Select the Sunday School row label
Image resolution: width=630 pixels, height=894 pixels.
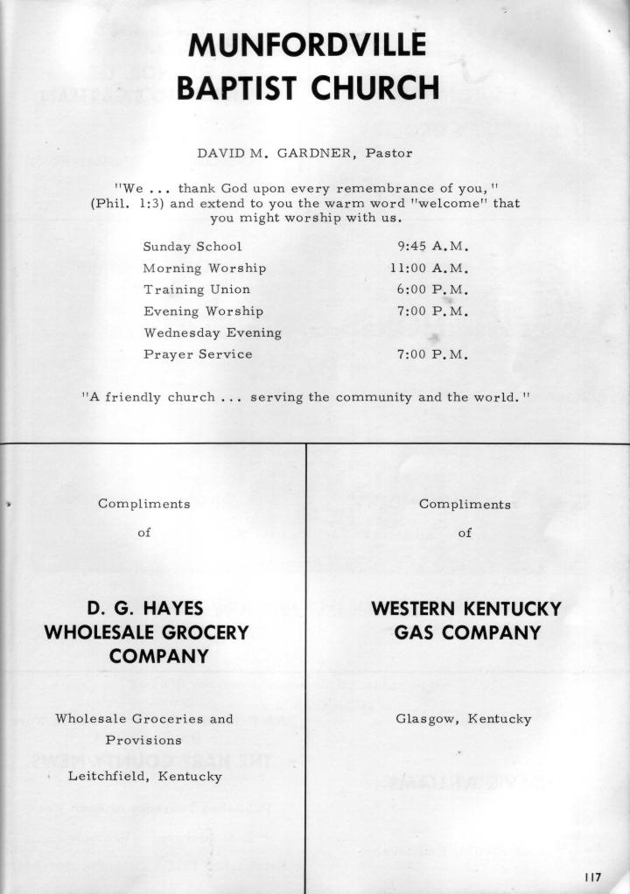[x=192, y=247]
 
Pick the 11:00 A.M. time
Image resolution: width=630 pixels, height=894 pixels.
[x=430, y=268]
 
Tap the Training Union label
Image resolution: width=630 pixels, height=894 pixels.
[x=197, y=290]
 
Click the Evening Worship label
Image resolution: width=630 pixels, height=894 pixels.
[x=204, y=311]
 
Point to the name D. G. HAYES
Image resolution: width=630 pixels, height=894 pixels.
[x=146, y=609]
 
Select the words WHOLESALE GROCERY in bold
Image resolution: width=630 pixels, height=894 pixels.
[x=147, y=632]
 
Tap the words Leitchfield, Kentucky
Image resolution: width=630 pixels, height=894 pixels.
[x=145, y=776]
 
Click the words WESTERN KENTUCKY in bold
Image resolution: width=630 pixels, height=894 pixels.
[x=465, y=609]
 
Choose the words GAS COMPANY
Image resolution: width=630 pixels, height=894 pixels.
[x=465, y=632]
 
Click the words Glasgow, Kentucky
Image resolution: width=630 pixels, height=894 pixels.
[x=464, y=719]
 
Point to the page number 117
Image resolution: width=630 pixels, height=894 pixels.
[x=592, y=877]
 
